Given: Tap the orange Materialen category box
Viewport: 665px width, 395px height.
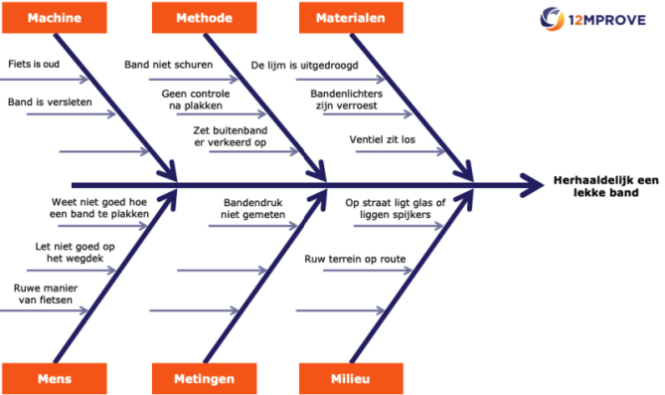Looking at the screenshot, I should [x=351, y=18].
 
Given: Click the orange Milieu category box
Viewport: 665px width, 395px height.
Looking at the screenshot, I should [x=351, y=378].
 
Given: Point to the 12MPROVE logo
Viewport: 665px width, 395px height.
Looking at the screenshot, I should [x=600, y=17].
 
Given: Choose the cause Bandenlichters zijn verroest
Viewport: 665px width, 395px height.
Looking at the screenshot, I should [x=347, y=99].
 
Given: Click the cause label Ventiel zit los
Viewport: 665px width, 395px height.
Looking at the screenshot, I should [x=383, y=139].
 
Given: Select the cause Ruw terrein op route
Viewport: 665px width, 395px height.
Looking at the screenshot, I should [x=355, y=259].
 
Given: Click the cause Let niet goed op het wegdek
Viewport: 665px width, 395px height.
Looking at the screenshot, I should [x=69, y=253].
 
